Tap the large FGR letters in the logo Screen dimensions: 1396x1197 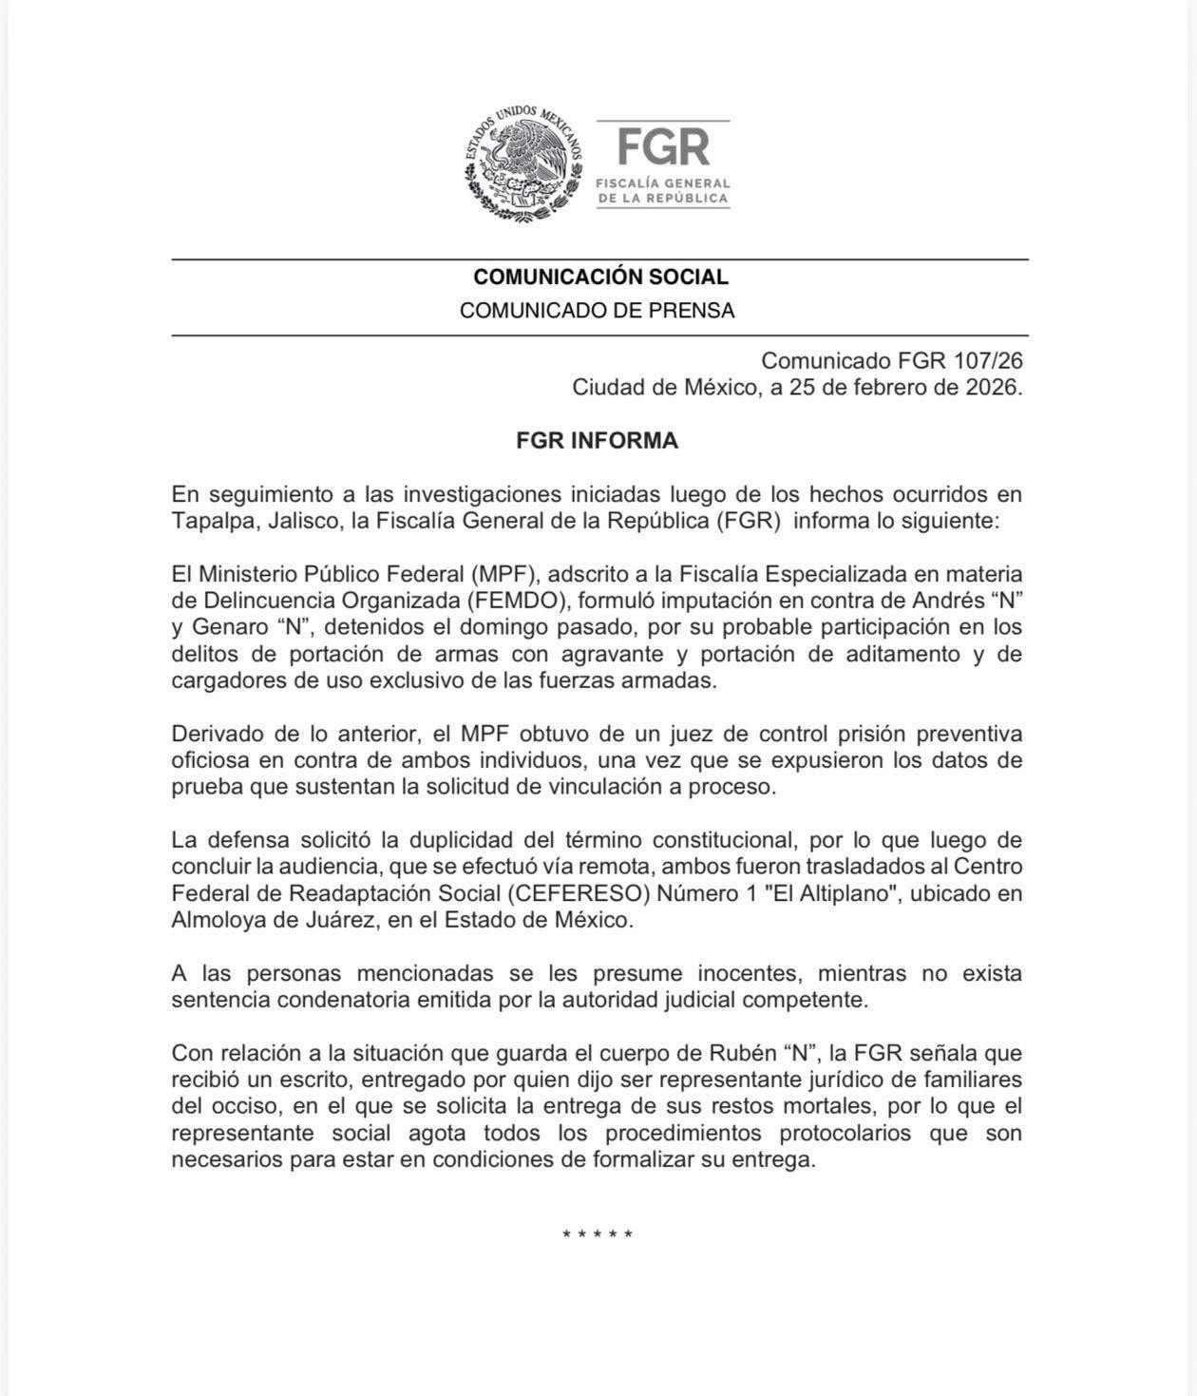pos(664,147)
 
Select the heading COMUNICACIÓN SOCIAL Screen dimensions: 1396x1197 pos(600,277)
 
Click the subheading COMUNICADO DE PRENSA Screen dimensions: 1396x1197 pos(597,311)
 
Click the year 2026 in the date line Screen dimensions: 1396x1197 pos(988,388)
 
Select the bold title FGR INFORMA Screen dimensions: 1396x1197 pos(597,441)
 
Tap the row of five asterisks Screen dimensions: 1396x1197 pos(598,1234)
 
